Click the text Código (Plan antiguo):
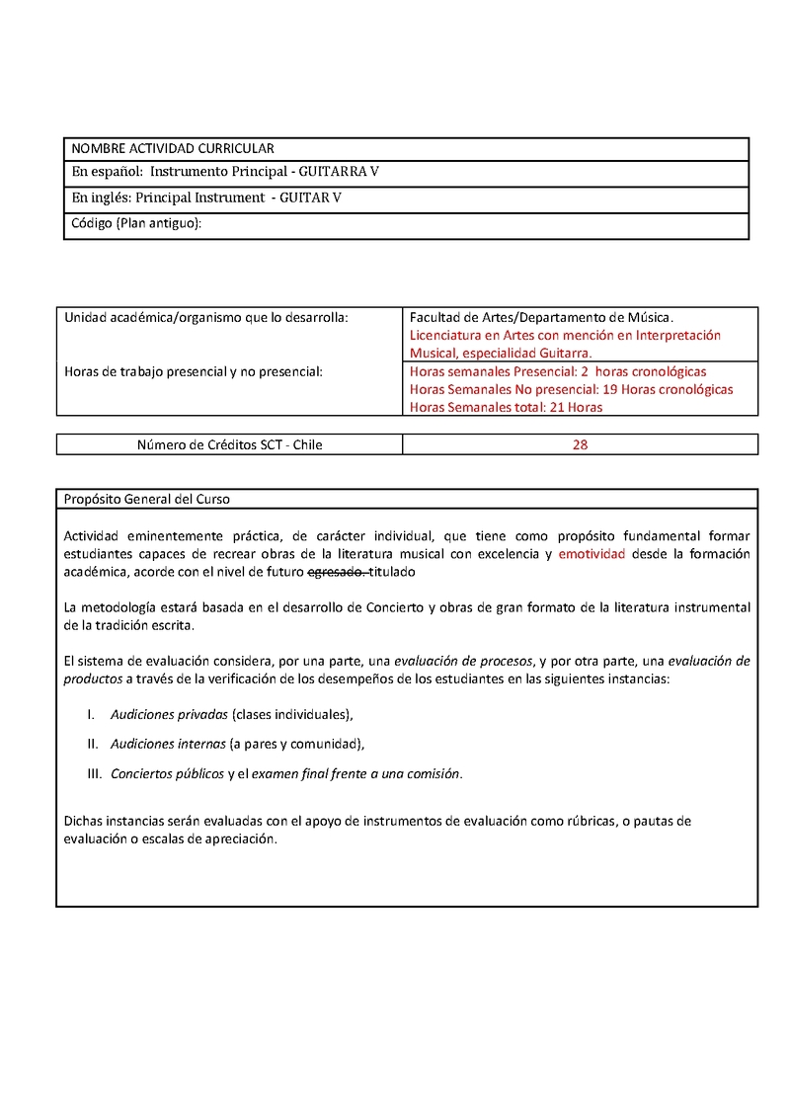(x=136, y=223)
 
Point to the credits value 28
(x=581, y=444)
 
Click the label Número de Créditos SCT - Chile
(x=229, y=444)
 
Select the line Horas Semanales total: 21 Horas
(x=506, y=407)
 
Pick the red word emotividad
(x=592, y=554)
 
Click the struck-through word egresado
(x=338, y=572)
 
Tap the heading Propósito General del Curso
(x=147, y=499)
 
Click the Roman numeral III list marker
(x=95, y=773)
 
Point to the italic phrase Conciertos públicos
(x=167, y=773)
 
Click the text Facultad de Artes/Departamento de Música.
(x=541, y=317)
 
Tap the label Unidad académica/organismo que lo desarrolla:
(x=206, y=317)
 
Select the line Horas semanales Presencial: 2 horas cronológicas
(x=558, y=371)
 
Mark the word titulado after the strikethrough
(x=393, y=572)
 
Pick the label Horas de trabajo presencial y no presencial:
(x=194, y=371)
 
